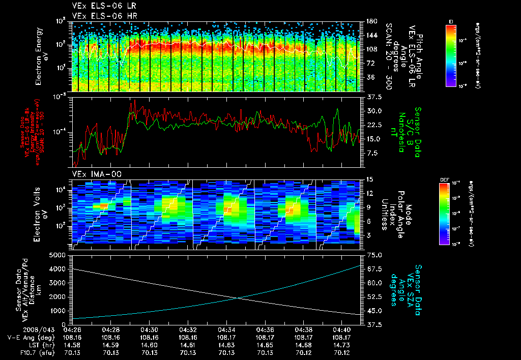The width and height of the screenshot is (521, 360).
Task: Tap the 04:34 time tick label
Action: pos(227,329)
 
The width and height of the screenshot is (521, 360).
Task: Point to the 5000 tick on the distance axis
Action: pos(60,254)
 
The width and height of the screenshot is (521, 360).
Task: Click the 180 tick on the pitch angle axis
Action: pos(371,21)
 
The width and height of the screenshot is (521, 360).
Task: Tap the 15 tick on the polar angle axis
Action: pos(369,179)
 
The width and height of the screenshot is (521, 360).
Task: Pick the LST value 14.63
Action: pos(227,345)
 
